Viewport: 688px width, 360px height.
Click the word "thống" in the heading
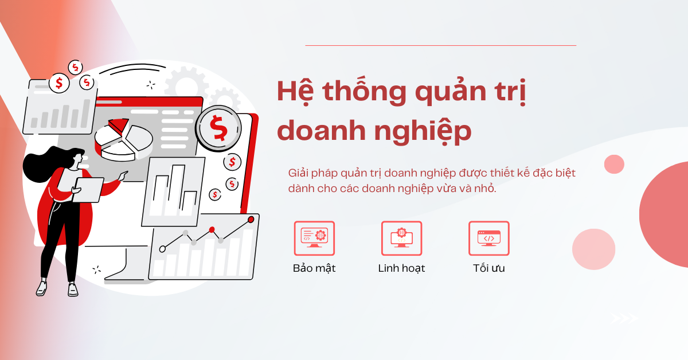point(365,91)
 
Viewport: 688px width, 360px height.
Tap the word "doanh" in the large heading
point(321,131)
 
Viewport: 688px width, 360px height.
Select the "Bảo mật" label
point(314,268)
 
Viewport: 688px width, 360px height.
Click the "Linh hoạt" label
point(401,268)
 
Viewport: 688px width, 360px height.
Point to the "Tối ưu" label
point(488,268)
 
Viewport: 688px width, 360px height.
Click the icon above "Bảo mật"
point(314,238)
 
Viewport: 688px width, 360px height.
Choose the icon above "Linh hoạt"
point(401,238)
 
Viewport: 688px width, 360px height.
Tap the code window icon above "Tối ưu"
point(488,238)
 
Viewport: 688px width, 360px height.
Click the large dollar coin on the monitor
point(218,128)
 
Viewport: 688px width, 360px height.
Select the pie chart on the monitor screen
point(124,140)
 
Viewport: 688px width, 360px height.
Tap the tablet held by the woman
point(88,190)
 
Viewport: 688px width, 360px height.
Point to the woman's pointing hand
point(123,175)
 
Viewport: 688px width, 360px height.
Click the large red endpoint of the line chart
point(251,220)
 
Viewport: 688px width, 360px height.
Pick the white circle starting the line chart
point(162,249)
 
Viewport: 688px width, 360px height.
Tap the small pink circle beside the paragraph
point(614,165)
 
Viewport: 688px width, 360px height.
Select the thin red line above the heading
point(440,45)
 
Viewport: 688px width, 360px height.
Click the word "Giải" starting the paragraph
point(298,173)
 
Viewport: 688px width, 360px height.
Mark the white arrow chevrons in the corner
point(624,319)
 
